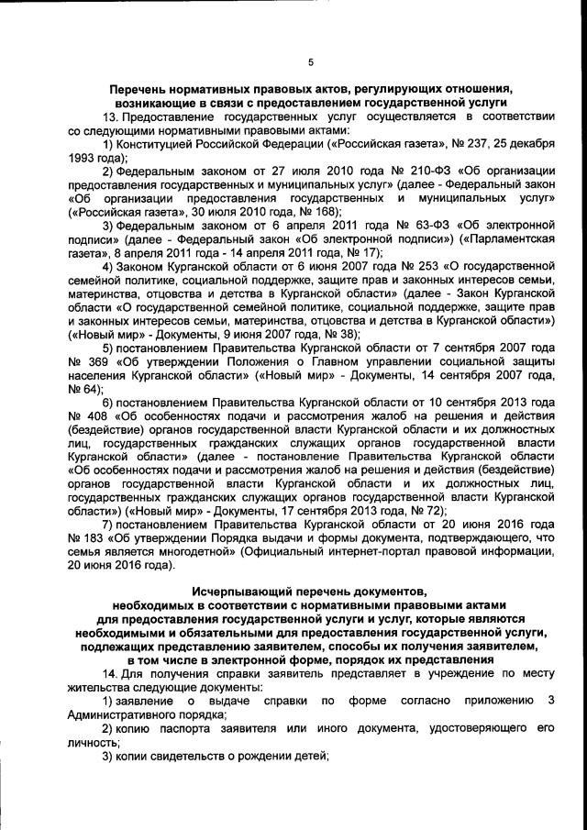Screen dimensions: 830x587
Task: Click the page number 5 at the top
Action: pos(310,62)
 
